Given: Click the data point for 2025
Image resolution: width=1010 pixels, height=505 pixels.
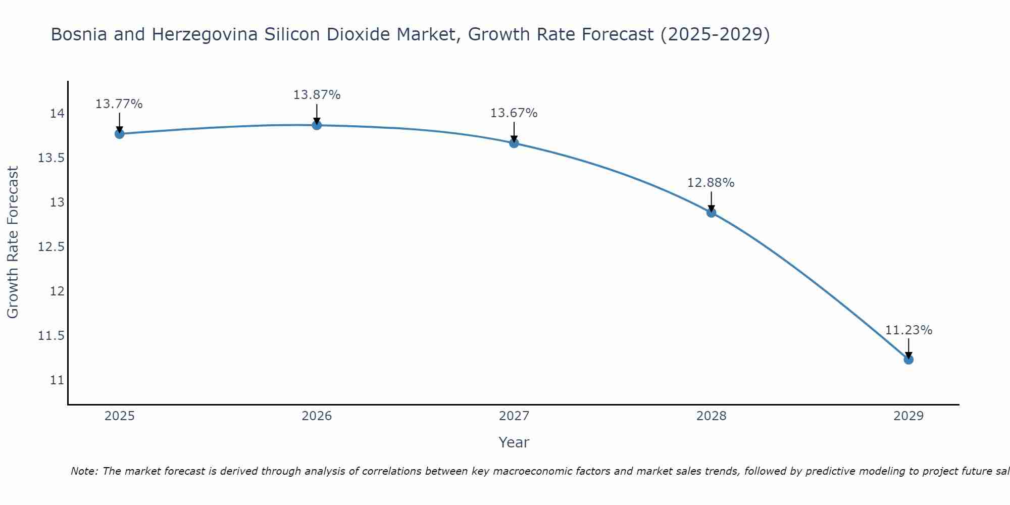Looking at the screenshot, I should pyautogui.click(x=120, y=134).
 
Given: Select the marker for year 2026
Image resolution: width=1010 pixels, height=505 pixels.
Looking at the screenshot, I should pyautogui.click(x=317, y=125).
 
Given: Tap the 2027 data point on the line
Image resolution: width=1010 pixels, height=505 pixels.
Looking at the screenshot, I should pyautogui.click(x=514, y=143).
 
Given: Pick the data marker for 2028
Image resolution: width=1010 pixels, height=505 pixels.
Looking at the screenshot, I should pyautogui.click(x=711, y=213).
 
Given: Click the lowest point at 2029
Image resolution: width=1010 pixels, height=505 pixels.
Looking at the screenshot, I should pyautogui.click(x=908, y=360).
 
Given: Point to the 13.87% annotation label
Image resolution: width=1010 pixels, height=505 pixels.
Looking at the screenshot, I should pyautogui.click(x=317, y=95).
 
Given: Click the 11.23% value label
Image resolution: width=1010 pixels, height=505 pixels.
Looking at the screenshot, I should pyautogui.click(x=908, y=330).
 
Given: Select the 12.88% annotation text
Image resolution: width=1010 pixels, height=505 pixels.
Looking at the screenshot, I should pyautogui.click(x=711, y=183).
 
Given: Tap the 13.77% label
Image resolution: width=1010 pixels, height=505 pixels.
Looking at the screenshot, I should pyautogui.click(x=119, y=104).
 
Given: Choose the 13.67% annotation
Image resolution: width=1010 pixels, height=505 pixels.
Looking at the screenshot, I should pyautogui.click(x=514, y=113).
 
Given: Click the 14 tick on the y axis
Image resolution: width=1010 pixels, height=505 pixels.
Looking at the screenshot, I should pyautogui.click(x=57, y=114).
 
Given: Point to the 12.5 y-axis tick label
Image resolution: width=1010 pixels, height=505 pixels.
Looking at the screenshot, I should pyautogui.click(x=52, y=247).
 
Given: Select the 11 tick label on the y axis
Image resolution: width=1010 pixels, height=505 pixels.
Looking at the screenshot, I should pyautogui.click(x=57, y=380).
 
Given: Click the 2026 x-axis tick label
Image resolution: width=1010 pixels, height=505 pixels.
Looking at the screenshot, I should pyautogui.click(x=317, y=416).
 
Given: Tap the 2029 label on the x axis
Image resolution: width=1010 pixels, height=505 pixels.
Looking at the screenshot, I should pyautogui.click(x=908, y=416).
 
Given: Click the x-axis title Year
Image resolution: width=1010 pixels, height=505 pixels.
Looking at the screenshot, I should pyautogui.click(x=514, y=442).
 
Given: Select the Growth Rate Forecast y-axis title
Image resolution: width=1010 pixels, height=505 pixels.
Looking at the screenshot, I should pyautogui.click(x=13, y=242).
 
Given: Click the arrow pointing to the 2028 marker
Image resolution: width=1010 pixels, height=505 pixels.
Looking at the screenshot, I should pyautogui.click(x=711, y=200).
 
